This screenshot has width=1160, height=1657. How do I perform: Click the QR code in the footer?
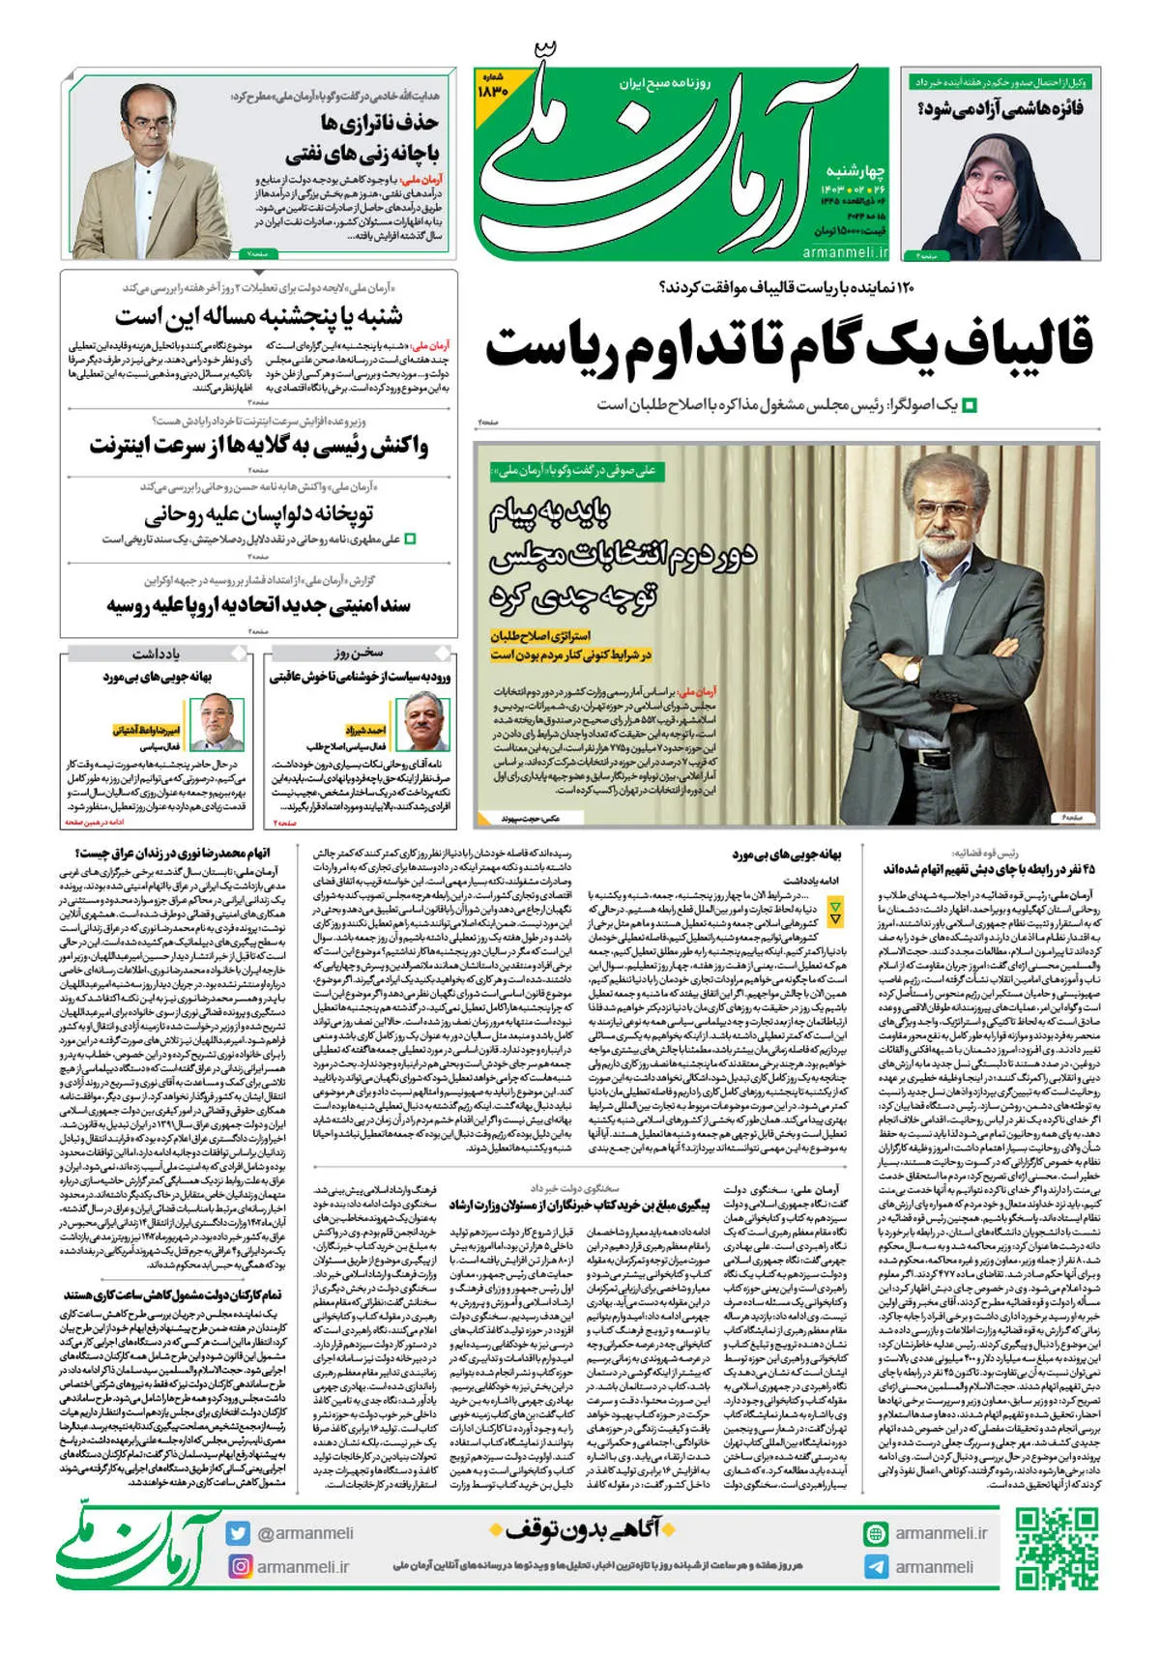(1057, 1548)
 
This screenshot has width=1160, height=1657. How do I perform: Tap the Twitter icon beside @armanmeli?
(238, 1533)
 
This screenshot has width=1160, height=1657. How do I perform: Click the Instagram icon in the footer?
(238, 1566)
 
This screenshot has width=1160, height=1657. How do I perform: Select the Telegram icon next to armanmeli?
(876, 1567)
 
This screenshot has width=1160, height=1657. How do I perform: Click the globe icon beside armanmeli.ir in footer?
(876, 1533)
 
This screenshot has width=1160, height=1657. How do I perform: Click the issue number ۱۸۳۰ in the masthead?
(493, 89)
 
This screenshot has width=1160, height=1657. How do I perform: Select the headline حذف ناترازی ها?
(379, 123)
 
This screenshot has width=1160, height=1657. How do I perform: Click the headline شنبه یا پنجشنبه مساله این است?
(258, 316)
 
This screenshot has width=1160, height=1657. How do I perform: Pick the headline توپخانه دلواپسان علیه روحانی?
(258, 513)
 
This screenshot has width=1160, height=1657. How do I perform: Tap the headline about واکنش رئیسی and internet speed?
(258, 446)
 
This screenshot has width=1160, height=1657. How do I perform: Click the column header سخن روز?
(359, 653)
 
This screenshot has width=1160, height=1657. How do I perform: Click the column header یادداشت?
(156, 654)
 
